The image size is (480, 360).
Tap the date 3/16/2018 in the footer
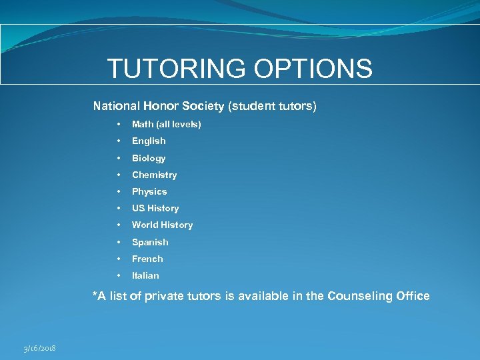pyautogui.click(x=39, y=349)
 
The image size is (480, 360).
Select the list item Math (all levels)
pyautogui.click(x=166, y=125)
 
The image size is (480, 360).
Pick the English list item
pyautogui.click(x=149, y=141)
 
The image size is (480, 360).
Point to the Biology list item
pyautogui.click(x=149, y=158)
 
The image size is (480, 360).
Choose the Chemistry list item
pyautogui.click(x=154, y=175)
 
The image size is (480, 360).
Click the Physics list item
pyautogui.click(x=149, y=192)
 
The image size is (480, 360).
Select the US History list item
pyautogui.click(x=155, y=209)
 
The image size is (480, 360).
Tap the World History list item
pyautogui.click(x=162, y=225)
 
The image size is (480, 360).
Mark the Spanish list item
pyautogui.click(x=150, y=242)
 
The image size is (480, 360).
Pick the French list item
pyautogui.click(x=147, y=259)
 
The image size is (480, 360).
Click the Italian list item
pyautogui.click(x=145, y=275)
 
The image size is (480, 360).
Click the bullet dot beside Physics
pyautogui.click(x=118, y=192)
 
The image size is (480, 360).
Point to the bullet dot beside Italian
pyautogui.click(x=118, y=275)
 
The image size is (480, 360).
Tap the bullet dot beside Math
pyautogui.click(x=118, y=125)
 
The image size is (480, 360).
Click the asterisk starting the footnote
pyautogui.click(x=95, y=294)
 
